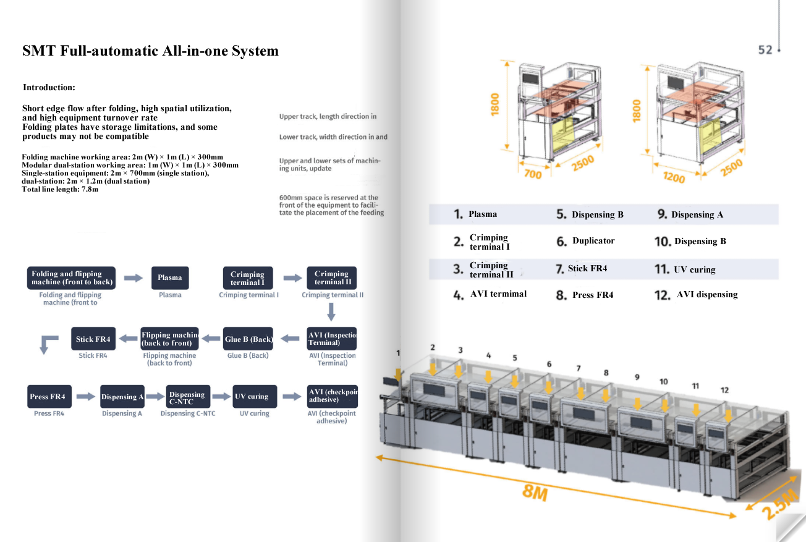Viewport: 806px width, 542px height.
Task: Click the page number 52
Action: pyautogui.click(x=765, y=49)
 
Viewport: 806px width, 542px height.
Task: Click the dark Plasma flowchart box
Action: pyautogui.click(x=170, y=277)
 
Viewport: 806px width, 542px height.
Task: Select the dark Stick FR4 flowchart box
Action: pyautogui.click(x=93, y=339)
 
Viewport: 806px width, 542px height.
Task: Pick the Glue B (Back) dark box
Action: pyautogui.click(x=249, y=339)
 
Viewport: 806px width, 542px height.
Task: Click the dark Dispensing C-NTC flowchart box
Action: pyautogui.click(x=188, y=397)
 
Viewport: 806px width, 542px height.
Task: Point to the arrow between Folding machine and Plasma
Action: pyautogui.click(x=134, y=278)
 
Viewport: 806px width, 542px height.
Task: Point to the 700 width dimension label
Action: pyautogui.click(x=533, y=174)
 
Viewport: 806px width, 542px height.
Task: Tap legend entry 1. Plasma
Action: pyautogui.click(x=475, y=214)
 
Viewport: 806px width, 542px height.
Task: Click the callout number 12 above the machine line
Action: pyautogui.click(x=724, y=390)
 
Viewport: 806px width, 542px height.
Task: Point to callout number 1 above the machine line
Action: pyautogui.click(x=398, y=353)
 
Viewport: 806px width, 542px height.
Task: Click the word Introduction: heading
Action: pyautogui.click(x=49, y=87)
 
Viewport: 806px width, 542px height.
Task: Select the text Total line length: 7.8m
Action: pyautogui.click(x=60, y=189)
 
